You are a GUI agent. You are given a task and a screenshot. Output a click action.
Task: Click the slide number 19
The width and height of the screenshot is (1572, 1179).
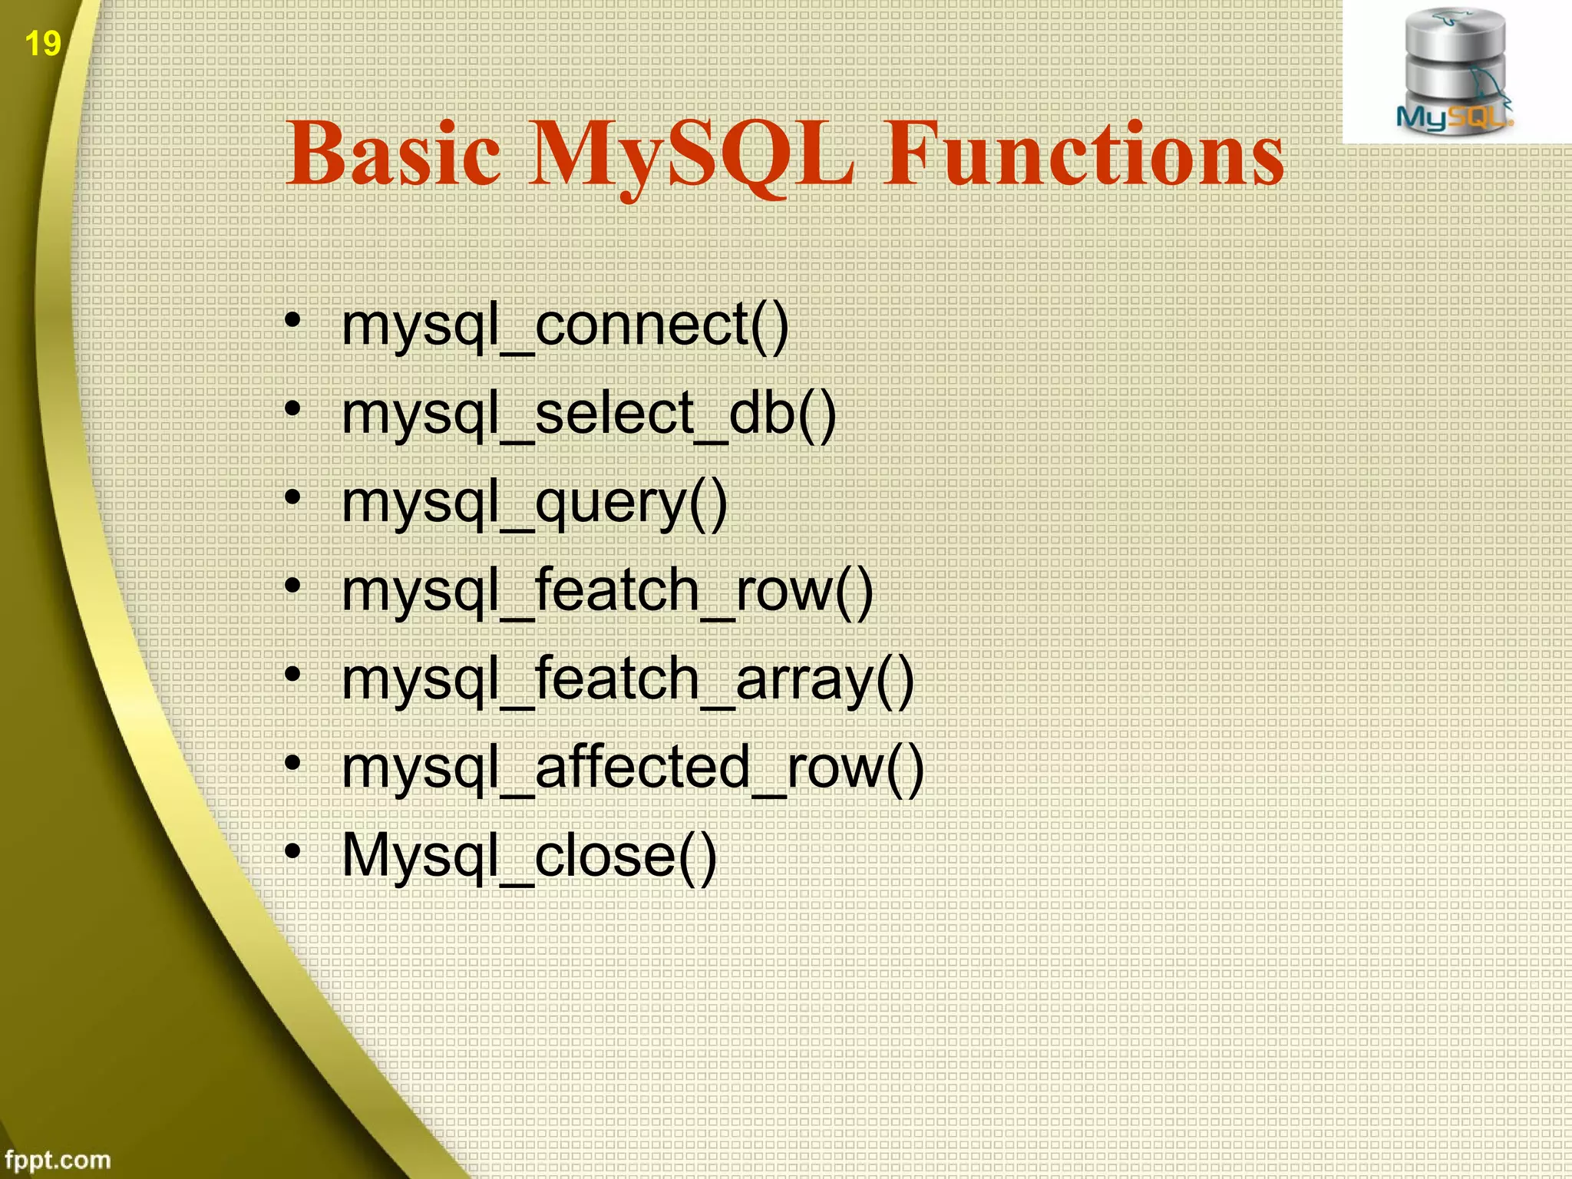tap(42, 43)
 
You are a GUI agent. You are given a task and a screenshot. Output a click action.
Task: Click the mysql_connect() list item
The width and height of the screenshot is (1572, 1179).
tap(565, 326)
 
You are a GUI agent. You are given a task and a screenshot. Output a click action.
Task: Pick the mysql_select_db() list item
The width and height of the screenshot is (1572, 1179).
tap(589, 414)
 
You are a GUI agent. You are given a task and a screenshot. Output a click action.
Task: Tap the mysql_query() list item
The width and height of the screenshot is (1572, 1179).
tap(534, 504)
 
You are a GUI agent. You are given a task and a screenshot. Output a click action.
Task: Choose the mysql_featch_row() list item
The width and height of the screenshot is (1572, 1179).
tap(607, 592)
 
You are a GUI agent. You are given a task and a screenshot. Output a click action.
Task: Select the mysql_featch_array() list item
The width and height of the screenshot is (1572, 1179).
tap(628, 680)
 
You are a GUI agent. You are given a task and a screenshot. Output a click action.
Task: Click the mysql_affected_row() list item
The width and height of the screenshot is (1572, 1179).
tap(632, 768)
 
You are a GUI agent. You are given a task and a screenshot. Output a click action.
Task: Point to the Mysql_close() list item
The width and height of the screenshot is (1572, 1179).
tap(529, 857)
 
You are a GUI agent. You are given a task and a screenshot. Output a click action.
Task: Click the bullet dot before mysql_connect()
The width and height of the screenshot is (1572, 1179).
tap(292, 320)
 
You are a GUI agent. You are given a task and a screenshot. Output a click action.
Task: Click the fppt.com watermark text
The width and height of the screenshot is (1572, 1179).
tap(58, 1159)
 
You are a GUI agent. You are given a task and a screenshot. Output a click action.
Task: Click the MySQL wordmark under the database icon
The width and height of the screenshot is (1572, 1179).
tap(1452, 117)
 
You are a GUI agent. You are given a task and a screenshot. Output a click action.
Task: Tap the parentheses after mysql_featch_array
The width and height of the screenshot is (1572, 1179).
tap(895, 680)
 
